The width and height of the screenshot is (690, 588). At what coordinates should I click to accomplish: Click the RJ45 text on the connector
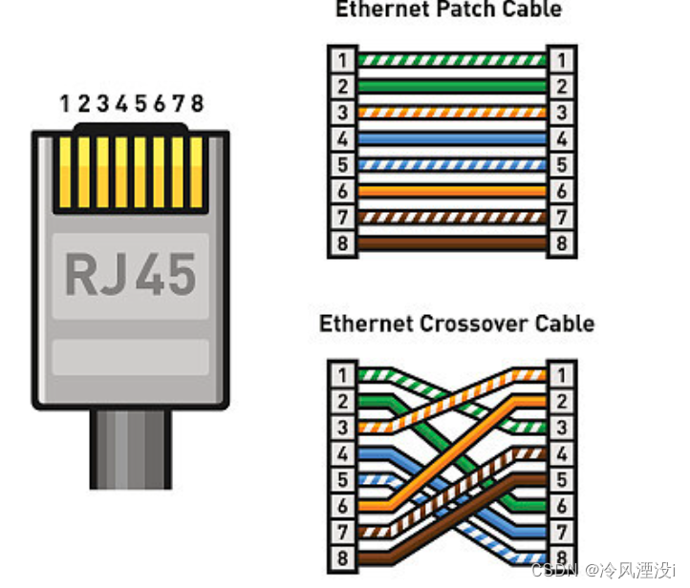tap(131, 273)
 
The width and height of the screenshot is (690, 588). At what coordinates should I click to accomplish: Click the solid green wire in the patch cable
tap(451, 86)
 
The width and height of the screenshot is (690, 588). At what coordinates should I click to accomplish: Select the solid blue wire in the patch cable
tap(451, 138)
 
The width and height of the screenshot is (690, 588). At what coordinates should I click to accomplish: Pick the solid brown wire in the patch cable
tap(451, 243)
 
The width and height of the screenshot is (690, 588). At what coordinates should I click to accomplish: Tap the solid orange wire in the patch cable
tap(451, 191)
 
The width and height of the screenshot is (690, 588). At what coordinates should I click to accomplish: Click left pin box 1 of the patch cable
tap(342, 60)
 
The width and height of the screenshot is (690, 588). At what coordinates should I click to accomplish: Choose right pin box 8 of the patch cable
tap(561, 243)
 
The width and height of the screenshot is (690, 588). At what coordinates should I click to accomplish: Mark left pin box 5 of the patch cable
tap(342, 165)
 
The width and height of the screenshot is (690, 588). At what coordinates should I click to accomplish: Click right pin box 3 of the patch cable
tap(561, 113)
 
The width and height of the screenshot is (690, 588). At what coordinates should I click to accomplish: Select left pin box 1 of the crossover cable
tap(342, 374)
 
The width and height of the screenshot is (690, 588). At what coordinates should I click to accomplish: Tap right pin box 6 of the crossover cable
tap(561, 506)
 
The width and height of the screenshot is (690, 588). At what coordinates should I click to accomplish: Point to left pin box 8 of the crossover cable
tap(342, 558)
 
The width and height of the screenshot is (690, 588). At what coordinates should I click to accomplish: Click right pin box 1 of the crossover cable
tap(561, 374)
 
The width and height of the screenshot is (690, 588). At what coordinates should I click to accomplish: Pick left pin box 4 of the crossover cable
tap(342, 453)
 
